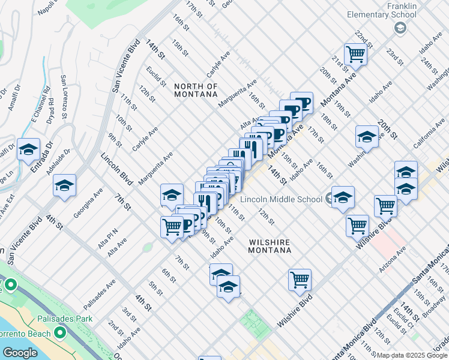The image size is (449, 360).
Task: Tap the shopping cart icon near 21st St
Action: [356, 55]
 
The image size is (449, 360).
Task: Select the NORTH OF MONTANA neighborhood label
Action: [196, 90]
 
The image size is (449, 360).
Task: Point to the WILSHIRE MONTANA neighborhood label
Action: [270, 246]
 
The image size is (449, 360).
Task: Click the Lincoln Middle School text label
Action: [282, 199]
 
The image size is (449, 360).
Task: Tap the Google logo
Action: [20, 353]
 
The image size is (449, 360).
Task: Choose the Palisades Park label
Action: [64, 319]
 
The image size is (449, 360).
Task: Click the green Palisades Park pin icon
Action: [59, 332]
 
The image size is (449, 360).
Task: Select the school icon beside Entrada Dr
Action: [28, 151]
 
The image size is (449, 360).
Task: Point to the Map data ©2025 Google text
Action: [412, 355]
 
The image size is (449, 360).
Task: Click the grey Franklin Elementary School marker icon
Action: [401, 28]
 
